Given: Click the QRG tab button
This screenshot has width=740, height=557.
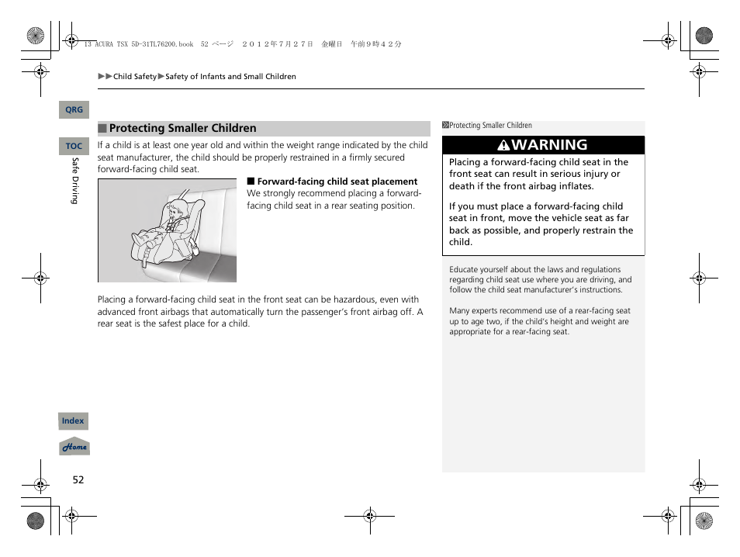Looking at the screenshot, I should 74,110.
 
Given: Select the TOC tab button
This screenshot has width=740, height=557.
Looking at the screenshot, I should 74,146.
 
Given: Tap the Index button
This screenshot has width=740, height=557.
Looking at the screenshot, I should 73,421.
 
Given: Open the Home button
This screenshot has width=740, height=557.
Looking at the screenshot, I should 74,447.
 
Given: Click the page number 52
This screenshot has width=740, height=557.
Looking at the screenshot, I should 78,479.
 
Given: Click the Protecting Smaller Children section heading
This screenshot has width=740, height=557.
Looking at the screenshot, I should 182,129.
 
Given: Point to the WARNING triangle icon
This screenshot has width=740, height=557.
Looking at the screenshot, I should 503,145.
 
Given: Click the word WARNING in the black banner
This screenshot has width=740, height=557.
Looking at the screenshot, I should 549,145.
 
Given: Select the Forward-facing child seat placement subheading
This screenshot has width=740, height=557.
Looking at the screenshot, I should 337,182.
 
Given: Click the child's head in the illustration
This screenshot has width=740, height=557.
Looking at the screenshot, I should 178,209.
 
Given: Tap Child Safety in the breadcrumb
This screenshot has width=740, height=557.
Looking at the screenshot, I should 135,77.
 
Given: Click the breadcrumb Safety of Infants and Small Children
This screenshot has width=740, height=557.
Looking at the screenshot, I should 230,77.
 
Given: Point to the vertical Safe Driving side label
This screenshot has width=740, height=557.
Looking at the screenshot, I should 75,181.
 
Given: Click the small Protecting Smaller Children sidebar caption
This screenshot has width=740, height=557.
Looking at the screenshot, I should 490,125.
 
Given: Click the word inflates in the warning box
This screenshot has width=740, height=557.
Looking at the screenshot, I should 574,186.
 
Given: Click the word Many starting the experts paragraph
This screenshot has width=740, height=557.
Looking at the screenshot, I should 460,311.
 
